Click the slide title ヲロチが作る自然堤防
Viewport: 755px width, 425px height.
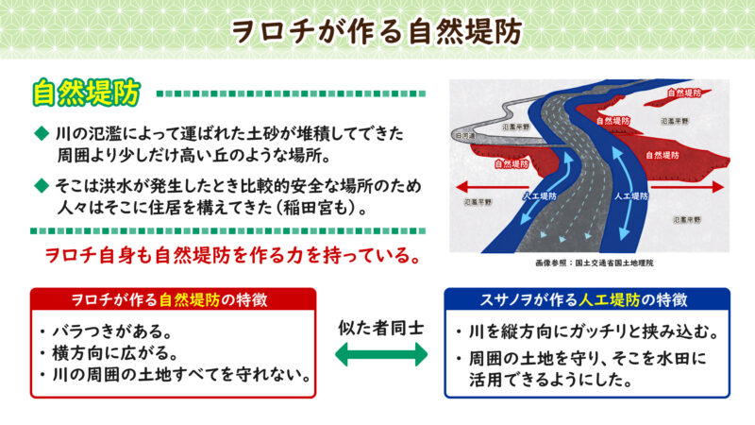(x=377, y=30)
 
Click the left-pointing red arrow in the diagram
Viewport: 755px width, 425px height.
(x=472, y=186)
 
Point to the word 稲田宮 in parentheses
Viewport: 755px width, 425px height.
(x=336, y=203)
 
